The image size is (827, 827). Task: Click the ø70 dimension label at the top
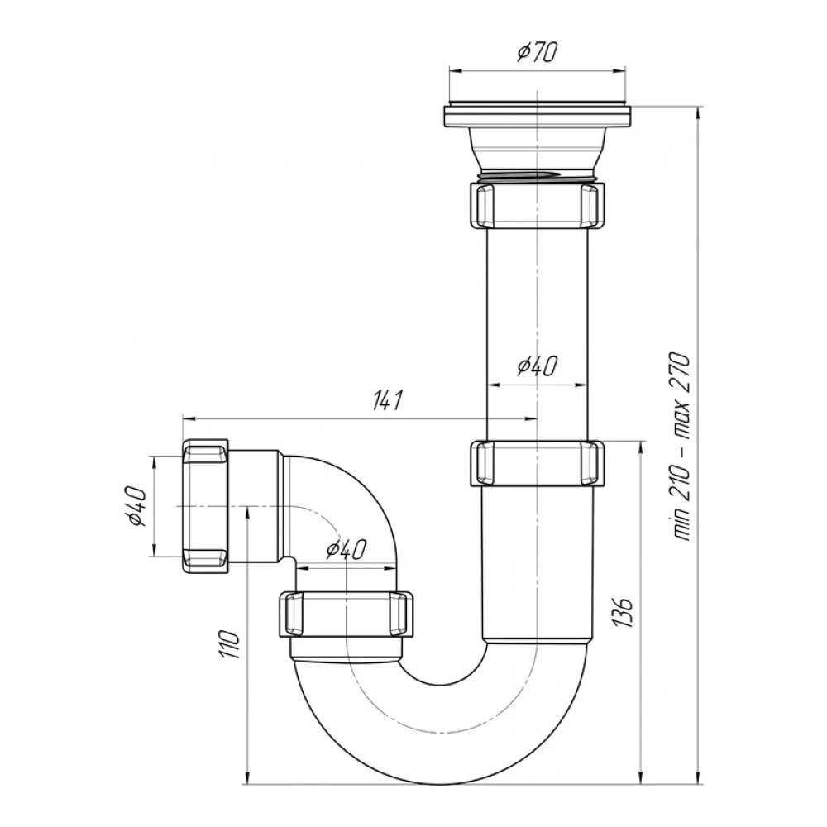537,54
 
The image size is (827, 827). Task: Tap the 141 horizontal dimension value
386,401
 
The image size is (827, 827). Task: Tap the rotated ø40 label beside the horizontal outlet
137,506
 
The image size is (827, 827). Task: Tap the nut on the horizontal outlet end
204,506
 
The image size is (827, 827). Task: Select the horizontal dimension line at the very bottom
447,782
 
